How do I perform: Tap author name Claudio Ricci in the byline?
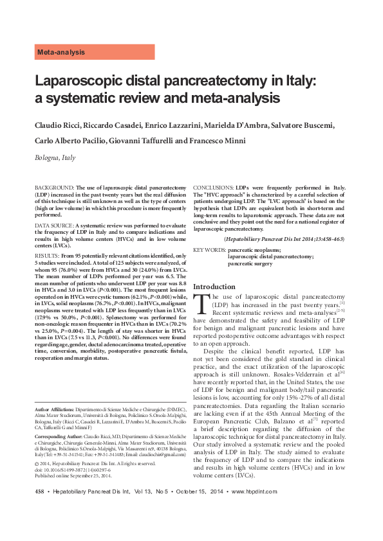coord(58,124)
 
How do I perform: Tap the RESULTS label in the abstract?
coord(48,256)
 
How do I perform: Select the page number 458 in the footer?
coord(38,510)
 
